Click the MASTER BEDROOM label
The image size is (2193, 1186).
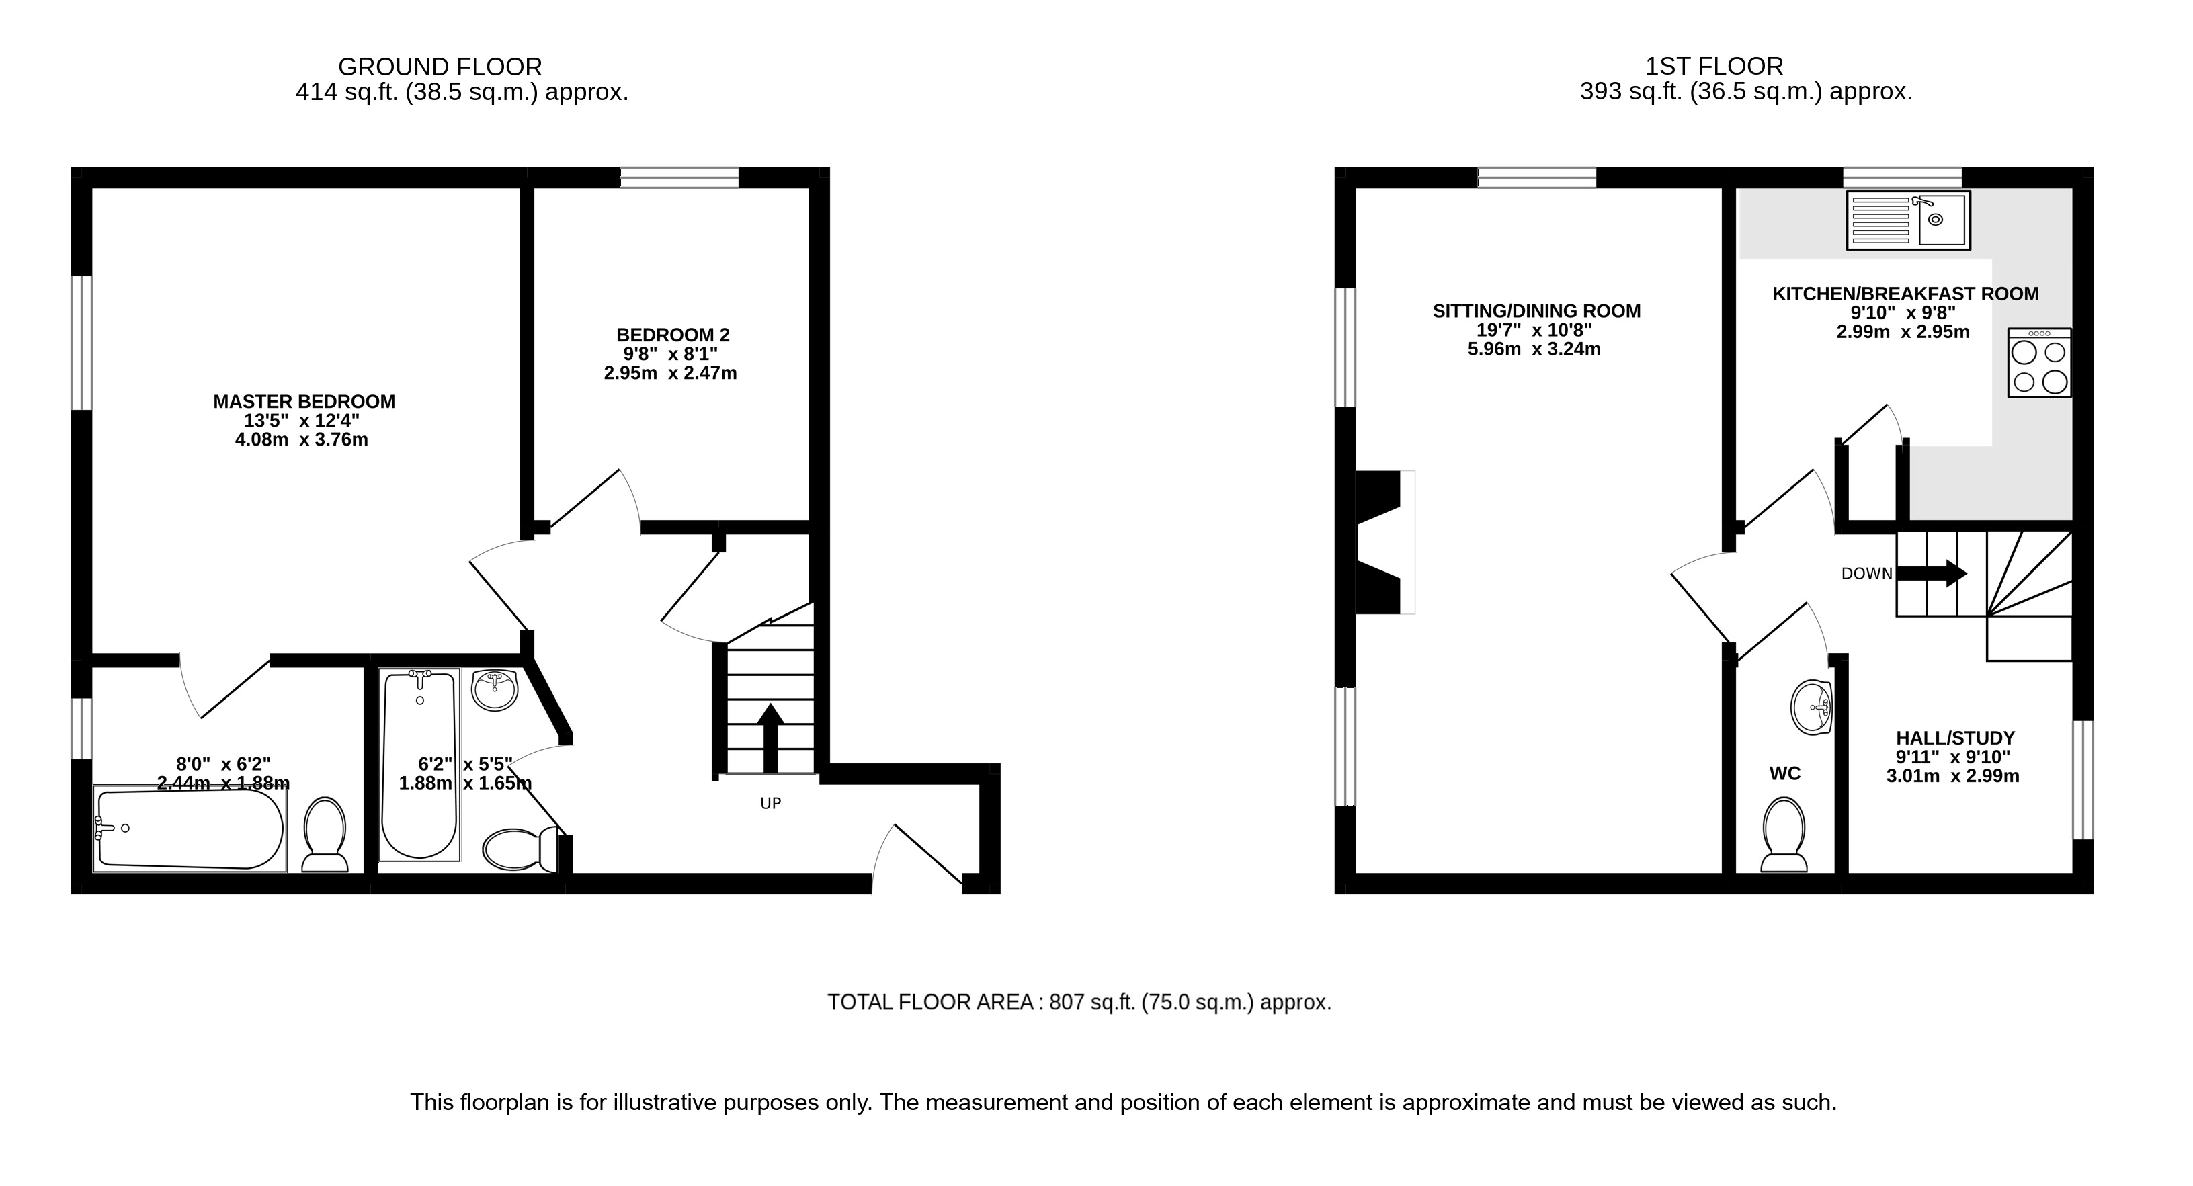pyautogui.click(x=304, y=402)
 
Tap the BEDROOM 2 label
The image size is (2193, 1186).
pyautogui.click(x=673, y=335)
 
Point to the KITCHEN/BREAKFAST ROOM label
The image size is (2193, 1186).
pyautogui.click(x=1905, y=294)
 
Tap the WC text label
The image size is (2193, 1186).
pyautogui.click(x=1784, y=773)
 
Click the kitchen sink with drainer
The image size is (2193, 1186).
pyautogui.click(x=1908, y=220)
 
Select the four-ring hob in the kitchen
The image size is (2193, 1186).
pyautogui.click(x=2039, y=363)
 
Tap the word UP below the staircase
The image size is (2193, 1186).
pyautogui.click(x=770, y=803)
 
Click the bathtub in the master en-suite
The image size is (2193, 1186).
pyautogui.click(x=190, y=829)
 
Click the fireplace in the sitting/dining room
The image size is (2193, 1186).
pyautogui.click(x=1382, y=542)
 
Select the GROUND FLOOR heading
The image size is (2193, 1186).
pyautogui.click(x=440, y=67)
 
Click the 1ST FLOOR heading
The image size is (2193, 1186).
pyautogui.click(x=1714, y=67)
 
